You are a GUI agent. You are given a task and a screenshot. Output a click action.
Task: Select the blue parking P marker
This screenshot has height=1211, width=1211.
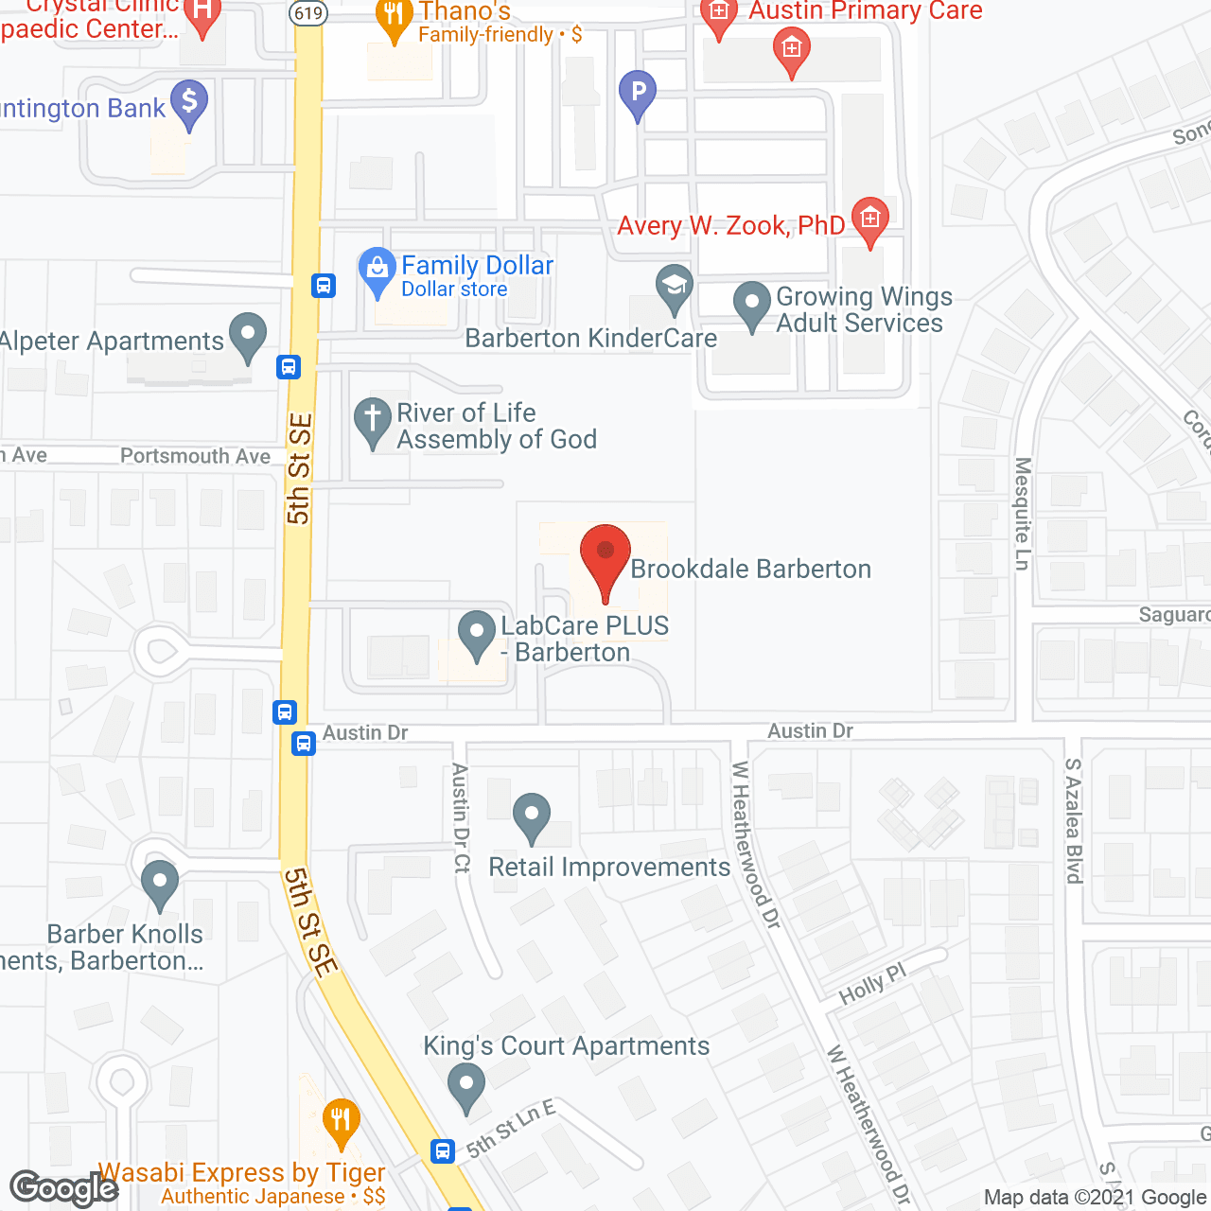(638, 93)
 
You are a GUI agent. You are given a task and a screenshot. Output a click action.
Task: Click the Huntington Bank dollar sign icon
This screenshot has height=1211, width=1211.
(189, 101)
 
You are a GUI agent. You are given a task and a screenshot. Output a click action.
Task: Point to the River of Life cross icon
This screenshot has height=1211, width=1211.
(373, 420)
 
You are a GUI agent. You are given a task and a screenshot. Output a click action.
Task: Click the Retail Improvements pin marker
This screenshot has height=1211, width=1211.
(532, 816)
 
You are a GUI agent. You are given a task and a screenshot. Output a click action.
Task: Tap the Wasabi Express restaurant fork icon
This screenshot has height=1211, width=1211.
(340, 1119)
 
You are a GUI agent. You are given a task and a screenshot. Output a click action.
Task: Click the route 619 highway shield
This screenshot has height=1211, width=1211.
(309, 13)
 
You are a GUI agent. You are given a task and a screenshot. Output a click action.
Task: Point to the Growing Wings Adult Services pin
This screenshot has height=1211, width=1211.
(752, 305)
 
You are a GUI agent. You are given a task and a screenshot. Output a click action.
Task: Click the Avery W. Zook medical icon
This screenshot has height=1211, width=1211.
(869, 219)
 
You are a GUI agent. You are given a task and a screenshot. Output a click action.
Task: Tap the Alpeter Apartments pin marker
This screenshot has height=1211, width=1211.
(248, 335)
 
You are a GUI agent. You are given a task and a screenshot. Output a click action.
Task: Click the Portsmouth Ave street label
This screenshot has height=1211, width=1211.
(195, 456)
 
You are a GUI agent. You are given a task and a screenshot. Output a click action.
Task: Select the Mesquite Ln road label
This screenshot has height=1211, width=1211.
(1022, 514)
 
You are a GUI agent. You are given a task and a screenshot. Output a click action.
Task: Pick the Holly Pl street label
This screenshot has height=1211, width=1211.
(872, 984)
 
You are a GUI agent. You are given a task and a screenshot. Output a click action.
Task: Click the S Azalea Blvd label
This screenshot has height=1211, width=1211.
(1073, 820)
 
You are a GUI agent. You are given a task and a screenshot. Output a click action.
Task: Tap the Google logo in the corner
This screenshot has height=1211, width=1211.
(63, 1188)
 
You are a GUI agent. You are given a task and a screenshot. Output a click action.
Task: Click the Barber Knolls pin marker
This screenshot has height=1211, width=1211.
(160, 884)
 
